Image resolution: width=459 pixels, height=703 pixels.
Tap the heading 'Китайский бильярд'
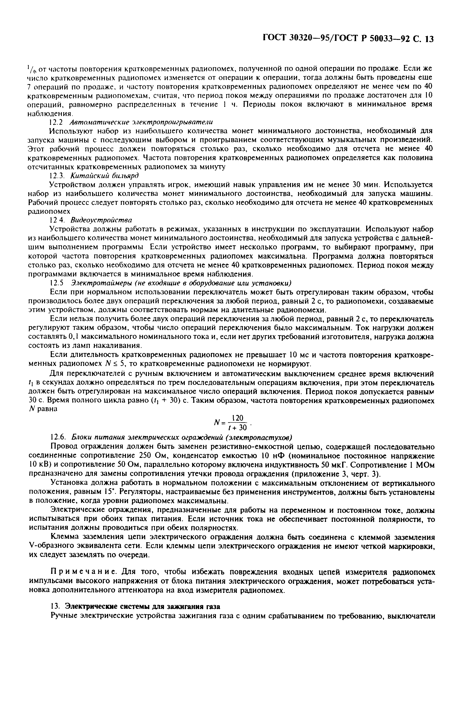(x=104, y=175)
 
